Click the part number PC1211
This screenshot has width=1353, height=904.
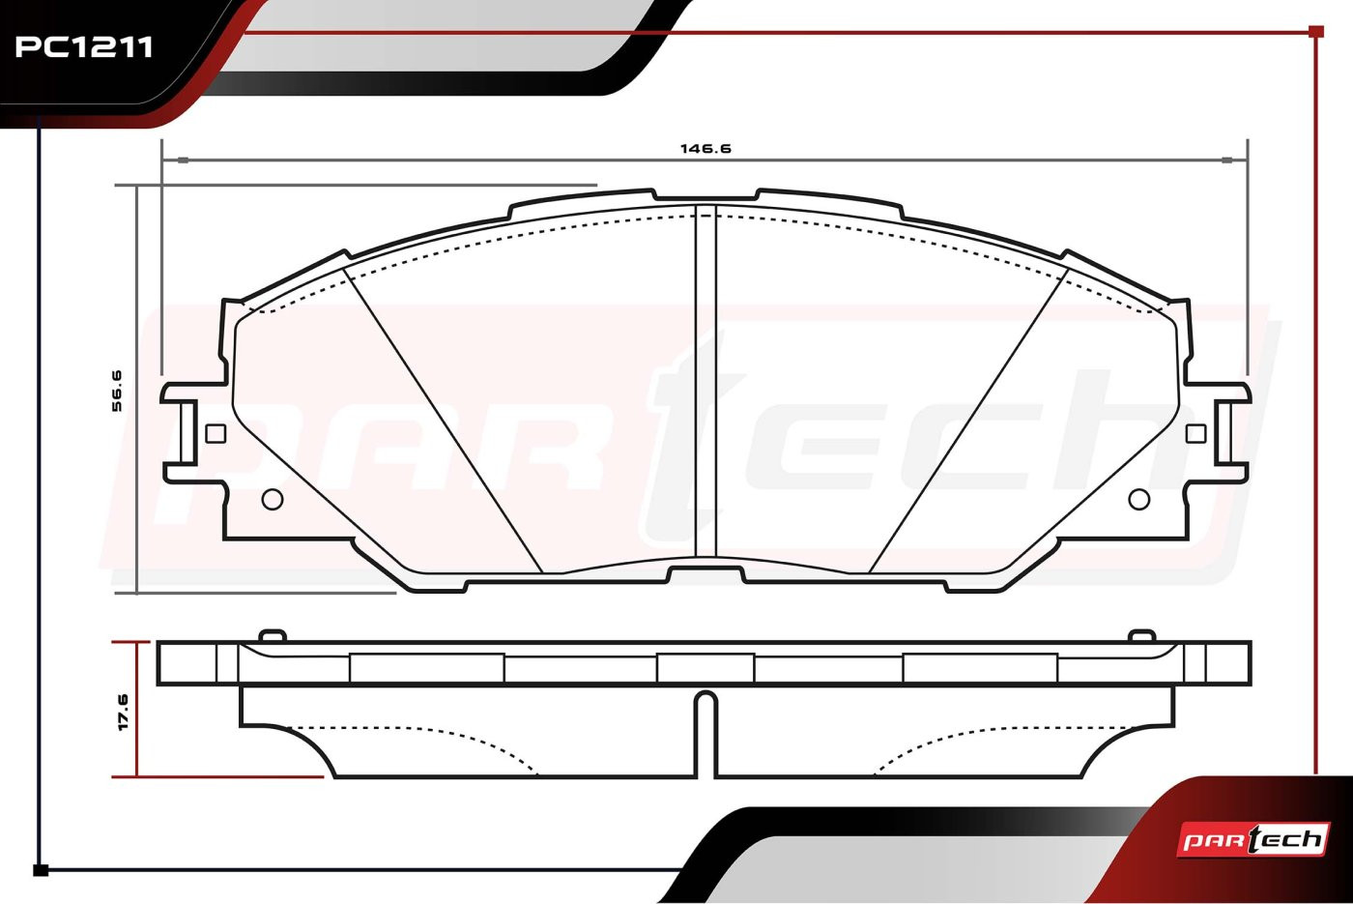coord(84,47)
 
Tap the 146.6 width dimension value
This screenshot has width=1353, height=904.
coord(705,148)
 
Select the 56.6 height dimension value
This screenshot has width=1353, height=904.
coord(117,391)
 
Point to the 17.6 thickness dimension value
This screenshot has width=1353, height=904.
coord(123,713)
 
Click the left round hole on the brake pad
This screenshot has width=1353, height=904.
coord(273,499)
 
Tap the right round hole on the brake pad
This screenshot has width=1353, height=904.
coord(1139,499)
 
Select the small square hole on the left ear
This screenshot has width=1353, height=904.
coord(216,433)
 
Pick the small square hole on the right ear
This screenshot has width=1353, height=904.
coord(1196,433)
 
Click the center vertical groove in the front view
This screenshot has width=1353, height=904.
coord(705,381)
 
